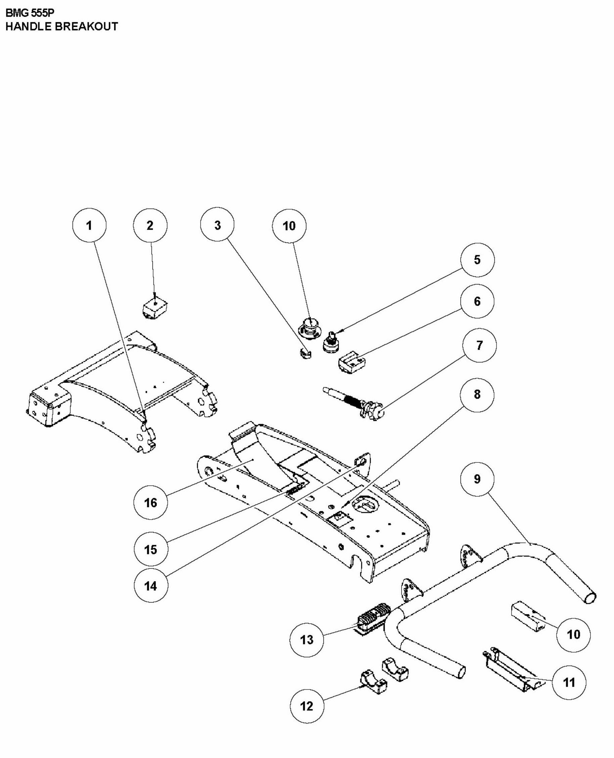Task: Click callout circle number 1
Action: click(x=89, y=225)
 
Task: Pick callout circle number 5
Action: click(x=477, y=260)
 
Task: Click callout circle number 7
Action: click(x=479, y=345)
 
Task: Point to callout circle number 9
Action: click(x=477, y=479)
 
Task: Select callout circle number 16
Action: click(x=151, y=502)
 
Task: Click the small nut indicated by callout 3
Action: click(x=305, y=353)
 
